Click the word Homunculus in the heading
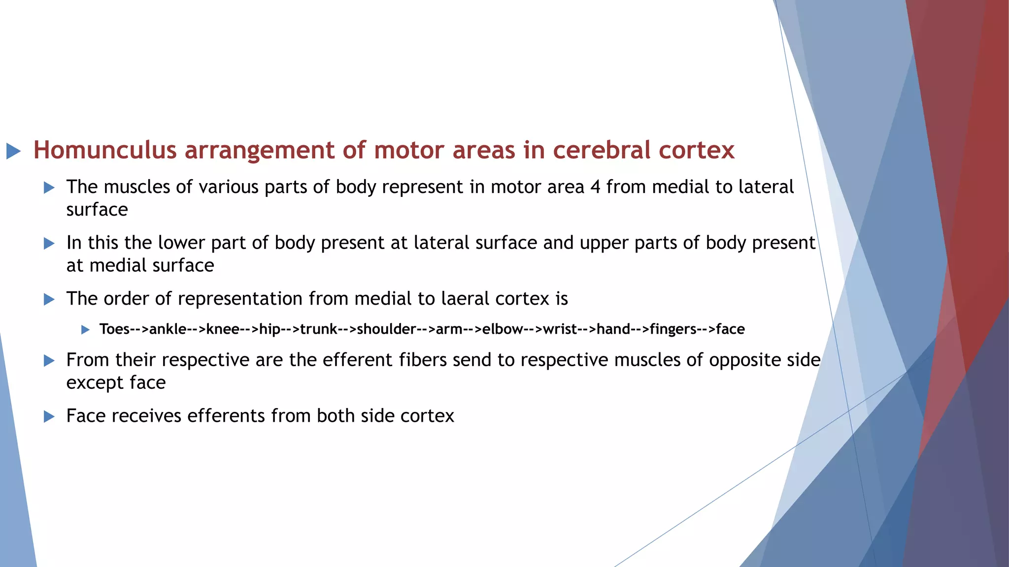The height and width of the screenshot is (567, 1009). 105,150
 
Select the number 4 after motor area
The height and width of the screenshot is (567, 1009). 595,187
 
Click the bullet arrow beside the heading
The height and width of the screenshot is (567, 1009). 13,151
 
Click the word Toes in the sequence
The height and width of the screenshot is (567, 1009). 114,329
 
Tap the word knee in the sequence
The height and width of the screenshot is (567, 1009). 223,329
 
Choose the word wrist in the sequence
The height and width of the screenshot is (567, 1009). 560,329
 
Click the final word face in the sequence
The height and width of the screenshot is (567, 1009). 730,329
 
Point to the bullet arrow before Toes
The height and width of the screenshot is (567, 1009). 85,329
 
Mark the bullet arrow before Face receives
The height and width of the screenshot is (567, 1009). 49,416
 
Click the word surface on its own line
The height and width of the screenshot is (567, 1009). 97,210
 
